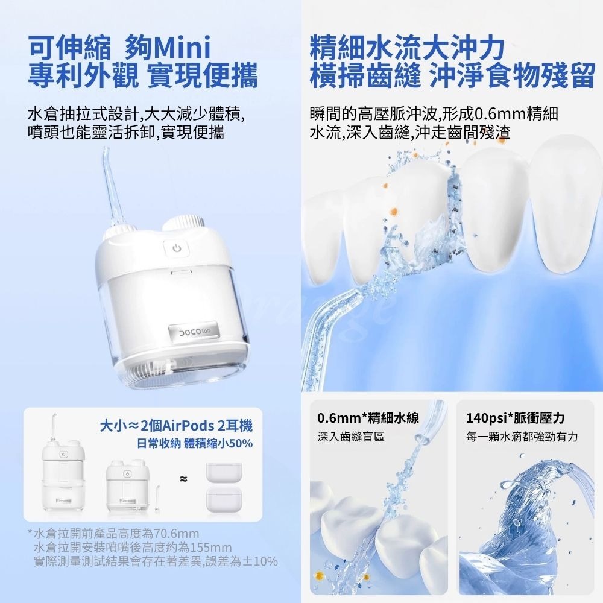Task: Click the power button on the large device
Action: [175, 248]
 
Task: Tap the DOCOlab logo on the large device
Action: [192, 332]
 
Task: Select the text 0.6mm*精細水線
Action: [368, 418]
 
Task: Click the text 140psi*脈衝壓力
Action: [515, 418]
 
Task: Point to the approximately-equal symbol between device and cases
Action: [183, 479]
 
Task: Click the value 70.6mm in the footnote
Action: [177, 534]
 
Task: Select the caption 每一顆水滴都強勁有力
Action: [522, 436]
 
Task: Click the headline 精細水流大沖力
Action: [406, 48]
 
